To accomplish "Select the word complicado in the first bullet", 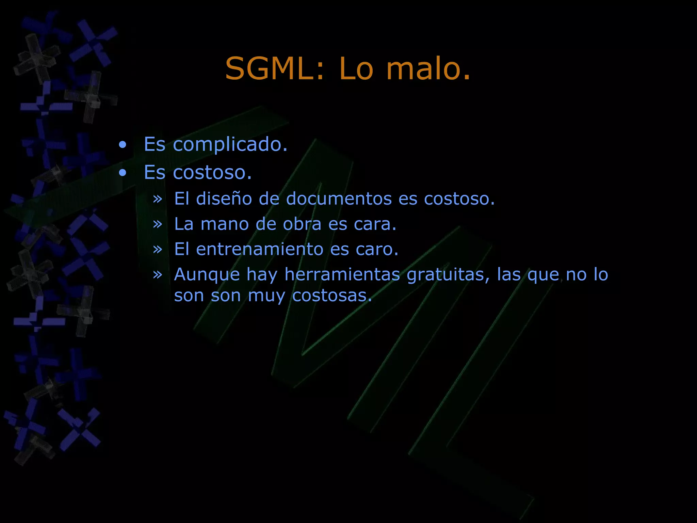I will click(230, 145).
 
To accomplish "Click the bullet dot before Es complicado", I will click(123, 145).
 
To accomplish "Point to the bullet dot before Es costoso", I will click(123, 173).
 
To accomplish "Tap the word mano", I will click(225, 224).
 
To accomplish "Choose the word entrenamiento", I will click(260, 249).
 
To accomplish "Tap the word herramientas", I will click(342, 274).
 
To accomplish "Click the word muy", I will click(266, 296).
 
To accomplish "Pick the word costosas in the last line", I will click(332, 296).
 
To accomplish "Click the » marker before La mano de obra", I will click(157, 224).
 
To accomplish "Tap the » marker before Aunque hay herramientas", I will click(157, 274).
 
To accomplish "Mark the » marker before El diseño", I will click(157, 199).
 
